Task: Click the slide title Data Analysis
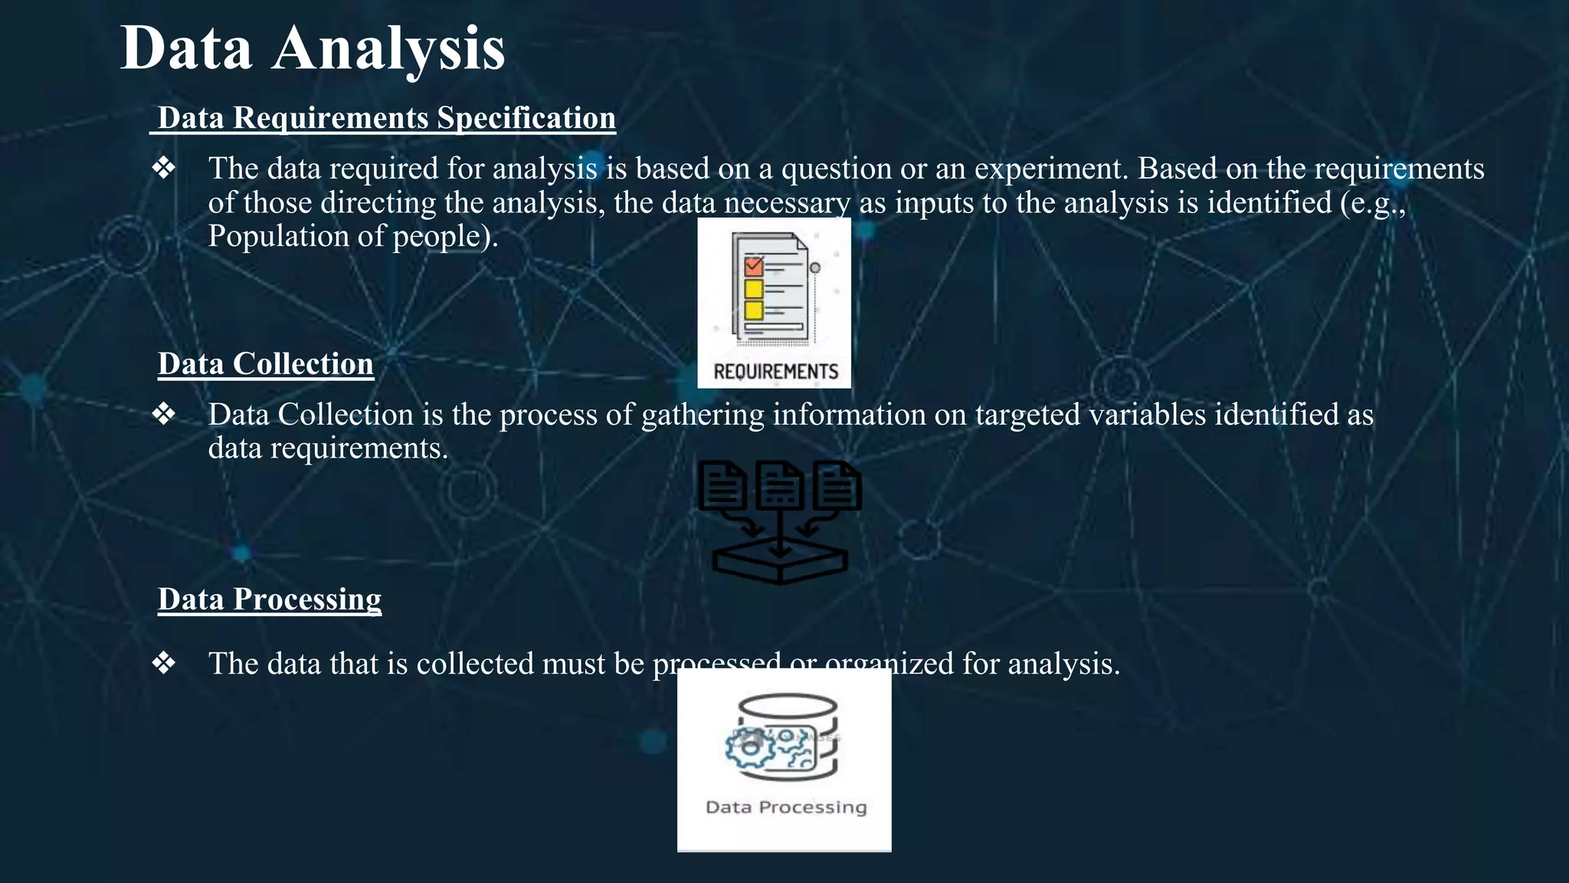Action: click(312, 48)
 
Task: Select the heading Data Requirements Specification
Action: click(386, 118)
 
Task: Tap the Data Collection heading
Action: click(265, 364)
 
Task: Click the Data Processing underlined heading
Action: click(269, 599)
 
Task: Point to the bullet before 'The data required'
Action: click(164, 168)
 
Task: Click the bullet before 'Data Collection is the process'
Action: click(164, 414)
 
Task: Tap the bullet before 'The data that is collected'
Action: click(164, 663)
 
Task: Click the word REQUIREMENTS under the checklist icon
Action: click(775, 372)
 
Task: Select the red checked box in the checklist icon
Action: click(754, 266)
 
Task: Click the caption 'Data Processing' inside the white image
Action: click(786, 807)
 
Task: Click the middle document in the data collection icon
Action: click(780, 485)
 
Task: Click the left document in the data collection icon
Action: click(722, 485)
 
